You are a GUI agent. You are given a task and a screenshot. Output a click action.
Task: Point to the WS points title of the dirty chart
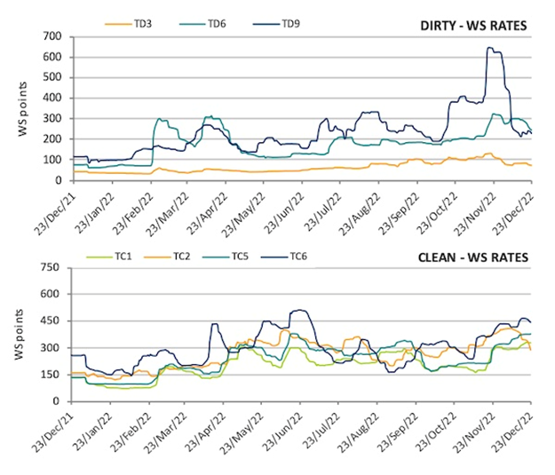coord(22,108)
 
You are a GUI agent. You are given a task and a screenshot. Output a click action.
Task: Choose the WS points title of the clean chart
coord(22,334)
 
